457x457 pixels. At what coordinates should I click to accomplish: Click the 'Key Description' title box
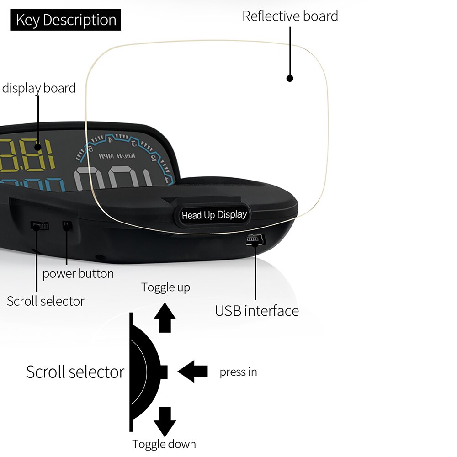[x=65, y=20]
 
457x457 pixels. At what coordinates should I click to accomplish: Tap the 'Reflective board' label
[x=290, y=16]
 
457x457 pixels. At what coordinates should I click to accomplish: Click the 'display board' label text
[x=39, y=88]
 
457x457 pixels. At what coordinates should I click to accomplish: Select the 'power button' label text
[x=78, y=274]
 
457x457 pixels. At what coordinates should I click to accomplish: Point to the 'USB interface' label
[x=257, y=311]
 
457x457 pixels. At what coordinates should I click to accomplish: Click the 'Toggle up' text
[x=165, y=287]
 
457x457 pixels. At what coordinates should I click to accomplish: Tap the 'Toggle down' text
[x=164, y=444]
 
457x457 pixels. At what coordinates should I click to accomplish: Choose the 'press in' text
[x=238, y=372]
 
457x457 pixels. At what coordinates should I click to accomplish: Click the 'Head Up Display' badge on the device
[x=214, y=215]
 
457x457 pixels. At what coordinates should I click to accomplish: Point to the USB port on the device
[x=254, y=239]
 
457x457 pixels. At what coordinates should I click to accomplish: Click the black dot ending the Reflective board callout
[x=289, y=78]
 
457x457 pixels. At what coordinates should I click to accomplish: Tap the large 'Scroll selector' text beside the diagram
[x=75, y=372]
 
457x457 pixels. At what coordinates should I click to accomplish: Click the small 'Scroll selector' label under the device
[x=45, y=301]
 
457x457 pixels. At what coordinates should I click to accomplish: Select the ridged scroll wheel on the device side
[x=40, y=225]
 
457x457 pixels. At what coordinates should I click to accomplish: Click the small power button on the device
[x=67, y=226]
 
